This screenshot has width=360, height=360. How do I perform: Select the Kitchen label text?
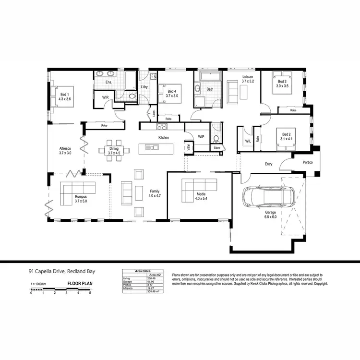(x=164, y=138)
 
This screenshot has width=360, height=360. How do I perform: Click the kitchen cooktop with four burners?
(x=162, y=127)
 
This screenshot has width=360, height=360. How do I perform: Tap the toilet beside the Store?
(x=216, y=139)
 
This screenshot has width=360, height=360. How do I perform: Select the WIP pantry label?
(x=201, y=137)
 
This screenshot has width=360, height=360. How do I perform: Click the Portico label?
(x=307, y=163)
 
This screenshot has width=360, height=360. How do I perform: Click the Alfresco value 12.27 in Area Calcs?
(x=151, y=288)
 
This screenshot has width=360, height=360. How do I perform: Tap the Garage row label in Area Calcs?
(x=128, y=281)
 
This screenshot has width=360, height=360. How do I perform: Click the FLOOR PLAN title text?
(x=80, y=284)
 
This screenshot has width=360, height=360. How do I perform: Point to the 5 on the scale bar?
(x=90, y=293)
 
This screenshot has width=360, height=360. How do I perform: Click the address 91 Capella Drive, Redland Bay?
(x=61, y=272)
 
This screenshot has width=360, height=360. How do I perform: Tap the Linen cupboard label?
(x=154, y=113)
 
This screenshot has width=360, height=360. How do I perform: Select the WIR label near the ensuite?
(x=105, y=96)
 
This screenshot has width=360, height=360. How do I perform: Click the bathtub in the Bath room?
(x=208, y=77)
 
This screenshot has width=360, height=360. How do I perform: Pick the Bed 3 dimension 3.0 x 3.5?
(x=282, y=86)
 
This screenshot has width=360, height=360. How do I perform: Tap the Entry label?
(x=268, y=164)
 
